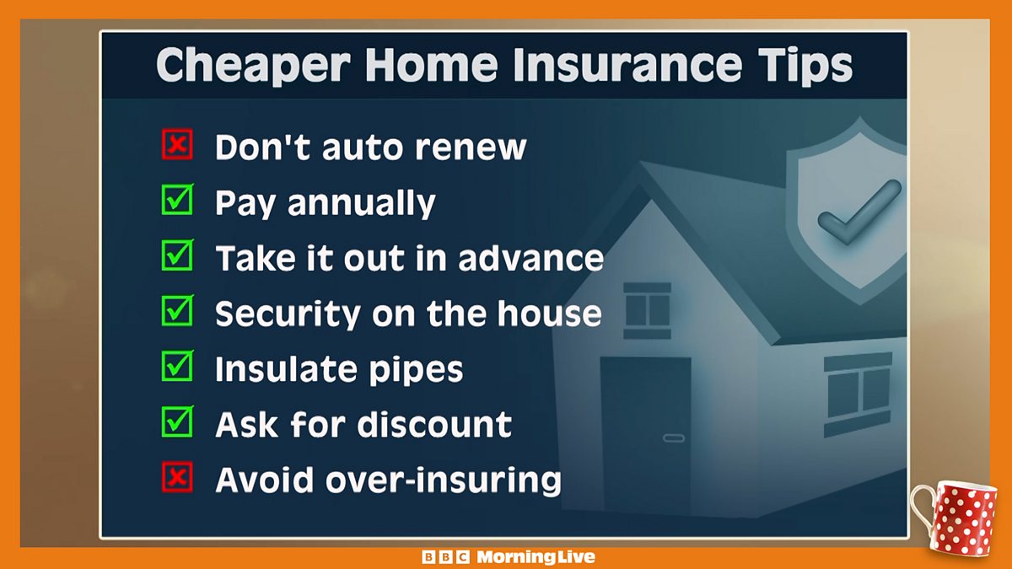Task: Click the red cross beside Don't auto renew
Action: [x=177, y=146]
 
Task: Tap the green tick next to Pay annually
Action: [x=177, y=201]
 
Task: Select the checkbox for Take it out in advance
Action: [x=177, y=257]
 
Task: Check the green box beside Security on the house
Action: [x=177, y=313]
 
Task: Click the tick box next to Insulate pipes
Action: [x=177, y=368]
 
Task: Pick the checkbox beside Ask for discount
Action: [x=177, y=423]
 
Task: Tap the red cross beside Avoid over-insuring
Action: [x=177, y=479]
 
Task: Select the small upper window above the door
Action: [x=647, y=309]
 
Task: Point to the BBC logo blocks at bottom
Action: [x=446, y=557]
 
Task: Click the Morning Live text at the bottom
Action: [x=536, y=557]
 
